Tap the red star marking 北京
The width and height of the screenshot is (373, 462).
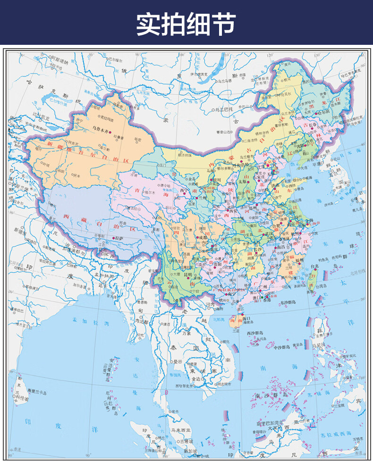[267, 166]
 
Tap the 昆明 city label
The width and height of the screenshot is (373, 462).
[188, 274]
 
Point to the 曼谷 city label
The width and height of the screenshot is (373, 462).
[178, 361]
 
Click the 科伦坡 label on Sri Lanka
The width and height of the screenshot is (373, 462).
[23, 398]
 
